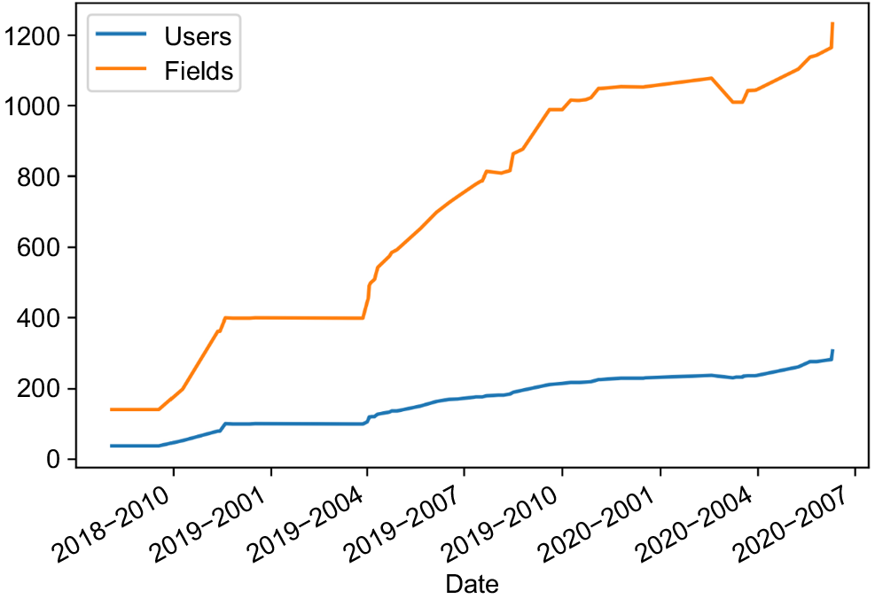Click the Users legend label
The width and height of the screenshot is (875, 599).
198,36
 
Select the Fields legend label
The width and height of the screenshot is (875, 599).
199,71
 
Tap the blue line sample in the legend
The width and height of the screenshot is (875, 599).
121,34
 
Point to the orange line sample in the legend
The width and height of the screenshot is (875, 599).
121,68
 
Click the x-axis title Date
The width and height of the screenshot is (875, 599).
473,584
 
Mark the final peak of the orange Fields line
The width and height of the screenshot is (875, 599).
832,23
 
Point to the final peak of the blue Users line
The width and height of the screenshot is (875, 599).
832,350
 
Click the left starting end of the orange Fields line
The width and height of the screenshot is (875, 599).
111,409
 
